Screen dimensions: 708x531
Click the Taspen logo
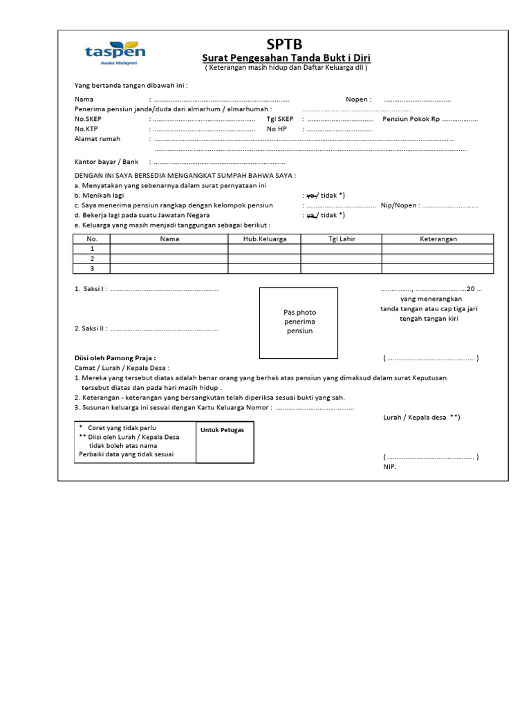tap(115, 52)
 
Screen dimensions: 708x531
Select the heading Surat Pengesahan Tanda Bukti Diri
tap(286, 59)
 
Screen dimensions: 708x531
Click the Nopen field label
tap(358, 100)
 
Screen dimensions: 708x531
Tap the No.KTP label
tap(86, 129)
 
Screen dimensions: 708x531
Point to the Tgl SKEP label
tap(280, 119)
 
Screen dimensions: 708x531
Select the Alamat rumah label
tap(97, 139)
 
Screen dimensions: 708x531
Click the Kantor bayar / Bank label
tap(106, 161)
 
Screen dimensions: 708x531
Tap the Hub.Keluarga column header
tap(264, 239)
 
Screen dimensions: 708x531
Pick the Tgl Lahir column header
tap(341, 239)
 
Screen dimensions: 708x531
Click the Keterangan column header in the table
tap(438, 239)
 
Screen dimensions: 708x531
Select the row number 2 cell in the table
tap(91, 259)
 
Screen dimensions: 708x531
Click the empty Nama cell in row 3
tap(169, 268)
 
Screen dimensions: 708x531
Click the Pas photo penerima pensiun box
tap(299, 322)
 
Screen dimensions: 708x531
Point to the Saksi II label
tap(90, 328)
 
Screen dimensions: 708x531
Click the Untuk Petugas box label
tap(217, 430)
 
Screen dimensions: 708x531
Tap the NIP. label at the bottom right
tap(391, 467)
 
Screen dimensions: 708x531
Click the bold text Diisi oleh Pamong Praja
tap(115, 358)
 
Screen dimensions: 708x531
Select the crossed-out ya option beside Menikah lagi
tap(310, 196)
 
